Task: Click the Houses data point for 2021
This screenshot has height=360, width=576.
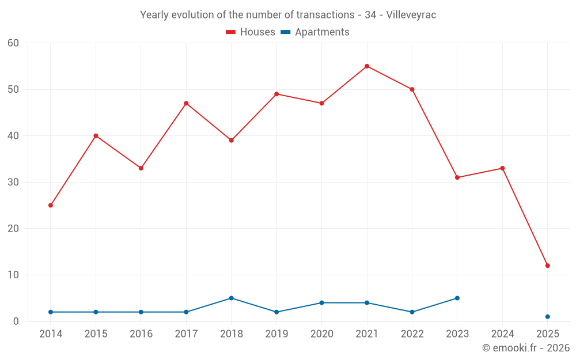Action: coord(367,66)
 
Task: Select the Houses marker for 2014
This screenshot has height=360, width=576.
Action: coord(51,205)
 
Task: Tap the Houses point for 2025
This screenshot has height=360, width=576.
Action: coord(547,266)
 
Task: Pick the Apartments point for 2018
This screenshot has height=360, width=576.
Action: coord(231,298)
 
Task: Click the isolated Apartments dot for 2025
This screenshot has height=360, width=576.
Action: coord(547,317)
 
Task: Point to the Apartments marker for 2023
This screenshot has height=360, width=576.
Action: coord(457,298)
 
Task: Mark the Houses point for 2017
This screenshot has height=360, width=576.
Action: coord(186,103)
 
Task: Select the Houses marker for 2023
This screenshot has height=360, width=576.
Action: coord(457,177)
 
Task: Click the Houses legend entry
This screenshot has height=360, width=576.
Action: coord(251,32)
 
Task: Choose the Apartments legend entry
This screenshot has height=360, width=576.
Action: coord(315,32)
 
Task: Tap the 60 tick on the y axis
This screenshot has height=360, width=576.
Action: coord(13,43)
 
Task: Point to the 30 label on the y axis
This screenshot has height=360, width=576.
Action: coord(13,182)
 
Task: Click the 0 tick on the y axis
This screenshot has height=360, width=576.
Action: coord(16,321)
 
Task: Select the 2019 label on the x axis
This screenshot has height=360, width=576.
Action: coord(276,334)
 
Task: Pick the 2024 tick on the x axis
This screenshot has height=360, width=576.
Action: coord(502,334)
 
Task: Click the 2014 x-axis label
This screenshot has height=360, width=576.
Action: coord(51,334)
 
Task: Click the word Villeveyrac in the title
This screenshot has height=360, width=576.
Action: coord(410,15)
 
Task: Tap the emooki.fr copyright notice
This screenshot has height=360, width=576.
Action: coord(525,348)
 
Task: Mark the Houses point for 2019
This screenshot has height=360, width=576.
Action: coord(276,94)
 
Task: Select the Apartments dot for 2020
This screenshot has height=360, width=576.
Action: coord(321,302)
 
